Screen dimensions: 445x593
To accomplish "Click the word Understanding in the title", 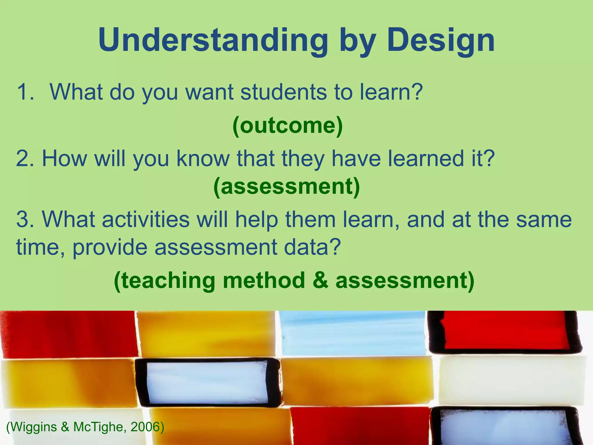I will click(213, 41).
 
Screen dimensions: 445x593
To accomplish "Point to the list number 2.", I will click(24, 158).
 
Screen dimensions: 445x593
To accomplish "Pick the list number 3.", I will click(24, 219).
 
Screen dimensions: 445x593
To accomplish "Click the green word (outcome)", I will click(287, 126).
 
